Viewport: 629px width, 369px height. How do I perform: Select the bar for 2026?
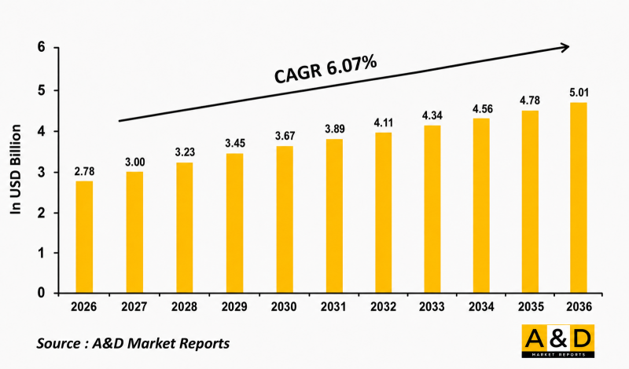(84, 237)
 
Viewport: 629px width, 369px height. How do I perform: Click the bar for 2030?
(285, 220)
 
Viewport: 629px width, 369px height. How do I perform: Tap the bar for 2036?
(579, 198)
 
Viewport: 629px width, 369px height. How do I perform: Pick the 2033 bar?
(432, 210)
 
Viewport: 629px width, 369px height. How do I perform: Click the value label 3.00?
(134, 163)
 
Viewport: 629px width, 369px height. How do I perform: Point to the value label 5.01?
(579, 93)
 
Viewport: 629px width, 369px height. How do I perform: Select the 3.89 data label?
(335, 129)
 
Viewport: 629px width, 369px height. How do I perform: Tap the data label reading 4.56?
(483, 109)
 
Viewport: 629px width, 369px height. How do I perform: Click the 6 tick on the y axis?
(42, 47)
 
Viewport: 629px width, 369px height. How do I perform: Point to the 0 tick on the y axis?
(42, 293)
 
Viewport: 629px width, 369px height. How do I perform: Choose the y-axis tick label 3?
(42, 172)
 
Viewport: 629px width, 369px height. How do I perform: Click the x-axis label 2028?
(184, 307)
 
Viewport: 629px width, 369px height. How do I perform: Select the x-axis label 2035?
(531, 307)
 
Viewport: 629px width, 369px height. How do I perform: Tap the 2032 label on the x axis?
(383, 307)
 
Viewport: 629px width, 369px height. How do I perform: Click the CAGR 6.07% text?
(326, 70)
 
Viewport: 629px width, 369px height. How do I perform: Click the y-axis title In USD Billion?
(15, 169)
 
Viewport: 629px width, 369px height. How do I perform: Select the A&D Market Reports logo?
(558, 341)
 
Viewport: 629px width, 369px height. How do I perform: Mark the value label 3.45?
(235, 143)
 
